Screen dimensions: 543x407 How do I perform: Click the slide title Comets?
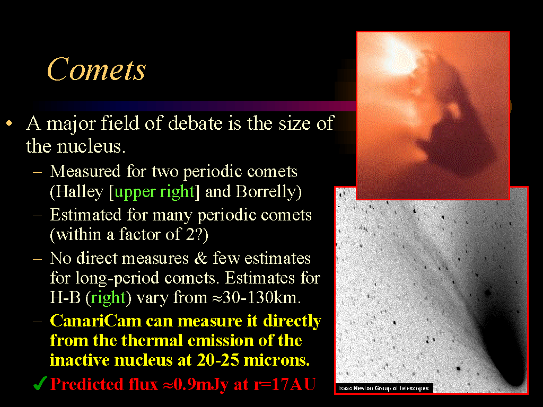pyautogui.click(x=97, y=69)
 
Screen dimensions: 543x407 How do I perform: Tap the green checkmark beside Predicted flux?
pyautogui.click(x=40, y=384)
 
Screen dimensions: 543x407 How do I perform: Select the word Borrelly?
pyautogui.click(x=265, y=192)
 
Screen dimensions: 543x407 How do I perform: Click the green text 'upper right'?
pyautogui.click(x=154, y=192)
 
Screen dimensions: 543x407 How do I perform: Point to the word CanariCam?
pyautogui.click(x=95, y=321)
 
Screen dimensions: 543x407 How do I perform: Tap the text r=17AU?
pyautogui.click(x=285, y=384)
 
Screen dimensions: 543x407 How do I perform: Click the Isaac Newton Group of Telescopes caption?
pyautogui.click(x=383, y=388)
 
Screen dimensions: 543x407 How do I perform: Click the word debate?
pyautogui.click(x=195, y=123)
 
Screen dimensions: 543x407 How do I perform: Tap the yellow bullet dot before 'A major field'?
pyautogui.click(x=10, y=123)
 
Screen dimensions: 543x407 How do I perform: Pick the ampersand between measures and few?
pyautogui.click(x=200, y=259)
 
